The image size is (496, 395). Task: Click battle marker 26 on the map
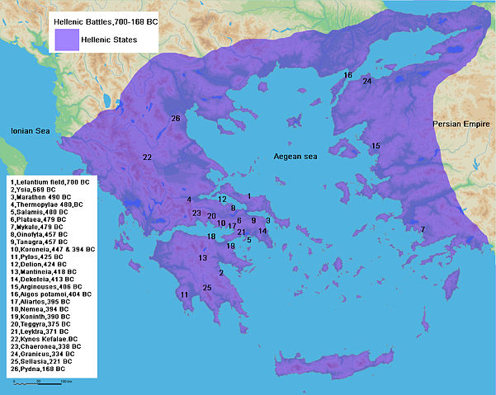click(175, 119)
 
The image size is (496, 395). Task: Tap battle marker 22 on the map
click(147, 157)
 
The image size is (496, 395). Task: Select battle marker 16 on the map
click(347, 75)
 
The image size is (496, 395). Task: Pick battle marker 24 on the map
click(367, 81)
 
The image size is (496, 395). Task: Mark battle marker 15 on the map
click(376, 146)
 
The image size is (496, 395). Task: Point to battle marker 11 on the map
click(184, 294)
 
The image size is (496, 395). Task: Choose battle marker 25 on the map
click(207, 288)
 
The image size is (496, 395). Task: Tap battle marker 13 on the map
click(203, 258)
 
